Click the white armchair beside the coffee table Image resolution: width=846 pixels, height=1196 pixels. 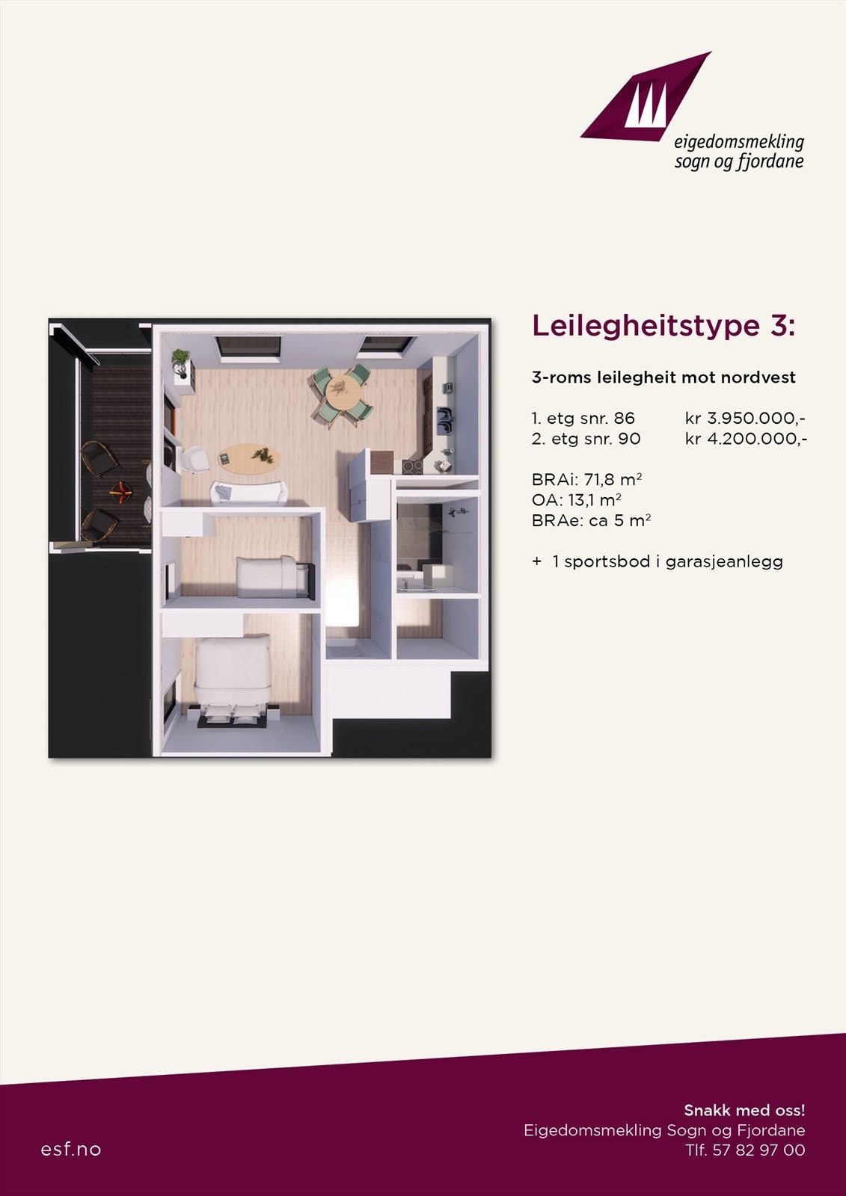196,460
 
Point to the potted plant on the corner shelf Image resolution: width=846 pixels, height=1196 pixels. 181,362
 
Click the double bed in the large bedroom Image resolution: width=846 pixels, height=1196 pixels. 233,673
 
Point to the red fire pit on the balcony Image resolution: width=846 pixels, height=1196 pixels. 120,490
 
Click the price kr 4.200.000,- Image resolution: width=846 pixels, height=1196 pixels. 745,439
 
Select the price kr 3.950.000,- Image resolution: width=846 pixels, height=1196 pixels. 745,418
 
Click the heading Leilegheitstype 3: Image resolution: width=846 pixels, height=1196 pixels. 663,326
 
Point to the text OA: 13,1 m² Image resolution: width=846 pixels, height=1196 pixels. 577,500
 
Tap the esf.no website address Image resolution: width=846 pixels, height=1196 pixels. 71,1149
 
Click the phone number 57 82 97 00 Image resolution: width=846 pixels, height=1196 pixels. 758,1150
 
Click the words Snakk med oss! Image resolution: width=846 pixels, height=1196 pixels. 744,1110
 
